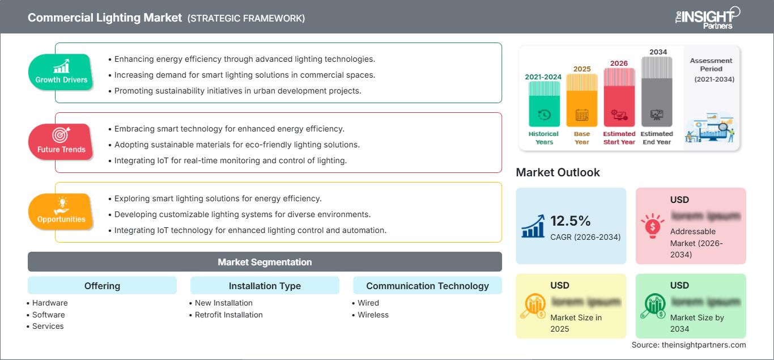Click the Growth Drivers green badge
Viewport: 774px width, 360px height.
(x=61, y=73)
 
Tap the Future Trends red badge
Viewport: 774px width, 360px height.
(x=61, y=142)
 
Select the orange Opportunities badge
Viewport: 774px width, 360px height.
(x=61, y=211)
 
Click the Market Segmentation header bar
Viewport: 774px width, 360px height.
(x=265, y=262)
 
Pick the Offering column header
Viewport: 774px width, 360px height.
(x=102, y=286)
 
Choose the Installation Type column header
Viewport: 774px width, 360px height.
(x=265, y=286)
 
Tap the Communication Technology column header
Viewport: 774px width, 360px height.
(x=427, y=286)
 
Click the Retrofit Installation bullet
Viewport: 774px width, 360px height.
(x=228, y=315)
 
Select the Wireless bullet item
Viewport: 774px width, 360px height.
(x=373, y=315)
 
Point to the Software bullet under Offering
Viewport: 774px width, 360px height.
(x=48, y=315)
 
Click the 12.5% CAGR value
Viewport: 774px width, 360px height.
(x=571, y=221)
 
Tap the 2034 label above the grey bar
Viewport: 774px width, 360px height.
(x=658, y=52)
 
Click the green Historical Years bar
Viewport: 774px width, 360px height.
(x=544, y=103)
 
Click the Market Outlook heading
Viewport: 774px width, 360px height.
(x=558, y=172)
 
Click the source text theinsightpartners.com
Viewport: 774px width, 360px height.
(x=689, y=345)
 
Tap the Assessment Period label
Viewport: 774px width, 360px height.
(x=711, y=65)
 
